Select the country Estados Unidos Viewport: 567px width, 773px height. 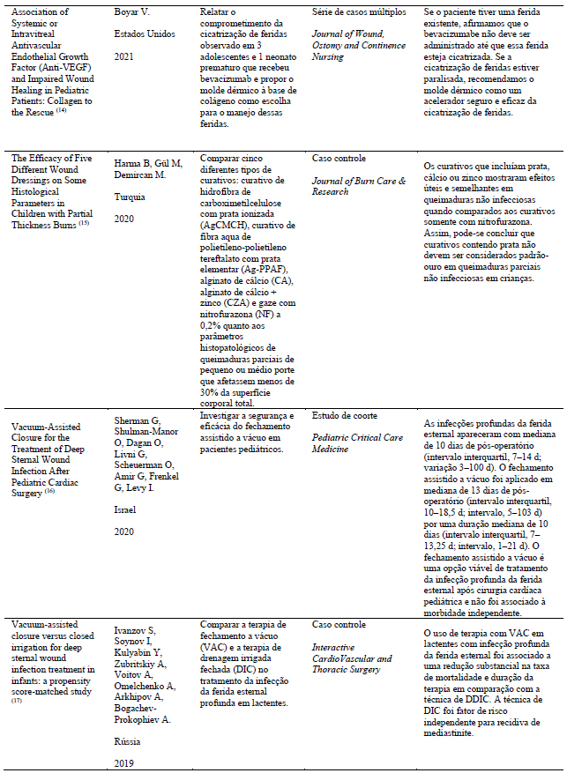click(145, 35)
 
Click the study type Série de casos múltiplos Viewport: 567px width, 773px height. click(364, 13)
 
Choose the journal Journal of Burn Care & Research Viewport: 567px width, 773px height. click(359, 186)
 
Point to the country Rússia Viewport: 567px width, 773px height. click(129, 741)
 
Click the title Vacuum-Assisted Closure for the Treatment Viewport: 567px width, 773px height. click(55, 434)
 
